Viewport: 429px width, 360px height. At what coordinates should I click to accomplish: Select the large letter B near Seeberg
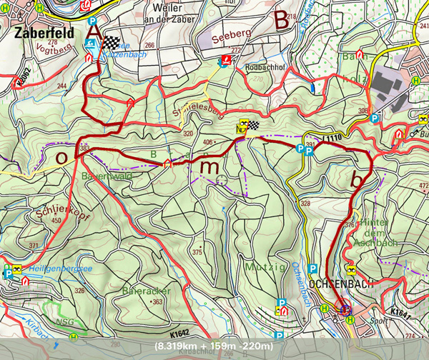(282, 22)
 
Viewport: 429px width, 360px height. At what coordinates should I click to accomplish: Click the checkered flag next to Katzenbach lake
(112, 43)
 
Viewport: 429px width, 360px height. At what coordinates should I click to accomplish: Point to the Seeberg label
(231, 34)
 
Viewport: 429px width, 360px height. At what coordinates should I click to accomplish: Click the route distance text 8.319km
(177, 346)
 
